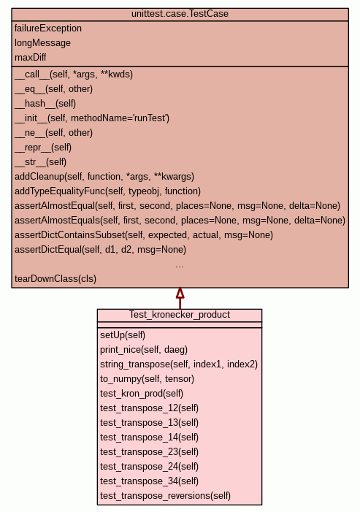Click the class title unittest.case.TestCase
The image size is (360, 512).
[180, 14]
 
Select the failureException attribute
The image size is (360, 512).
[48, 28]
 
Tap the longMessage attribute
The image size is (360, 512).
[42, 43]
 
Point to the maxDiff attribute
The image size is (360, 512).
[31, 58]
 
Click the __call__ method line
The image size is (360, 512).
[74, 74]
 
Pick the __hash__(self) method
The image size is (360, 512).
[45, 104]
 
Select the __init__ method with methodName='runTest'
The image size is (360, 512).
[92, 118]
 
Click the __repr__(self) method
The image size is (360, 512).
[43, 148]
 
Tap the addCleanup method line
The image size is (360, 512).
[104, 177]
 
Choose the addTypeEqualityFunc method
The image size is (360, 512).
[107, 191]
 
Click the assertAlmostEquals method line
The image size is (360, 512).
[180, 221]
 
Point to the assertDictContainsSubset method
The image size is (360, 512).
[144, 235]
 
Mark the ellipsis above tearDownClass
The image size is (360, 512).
[180, 267]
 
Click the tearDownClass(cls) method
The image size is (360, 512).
[55, 279]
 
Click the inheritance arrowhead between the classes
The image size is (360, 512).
[180, 293]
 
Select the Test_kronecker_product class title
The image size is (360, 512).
[180, 315]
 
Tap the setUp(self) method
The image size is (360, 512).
[123, 335]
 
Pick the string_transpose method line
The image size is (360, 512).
[179, 364]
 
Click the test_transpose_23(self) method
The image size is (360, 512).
[149, 452]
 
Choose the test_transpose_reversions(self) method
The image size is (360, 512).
[165, 496]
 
